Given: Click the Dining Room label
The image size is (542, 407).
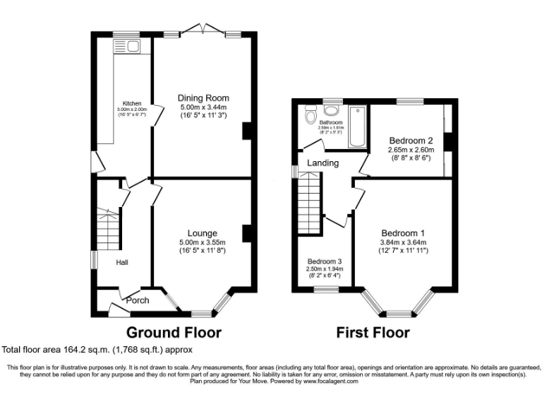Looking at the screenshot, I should pos(203,98).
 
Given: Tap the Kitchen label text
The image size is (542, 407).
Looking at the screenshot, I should pos(132,102).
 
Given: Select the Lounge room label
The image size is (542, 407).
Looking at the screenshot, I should pos(202,232).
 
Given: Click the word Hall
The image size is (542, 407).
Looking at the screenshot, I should pos(122,262).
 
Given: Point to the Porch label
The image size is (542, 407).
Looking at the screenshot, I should pos(138,300).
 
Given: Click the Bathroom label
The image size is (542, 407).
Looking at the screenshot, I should pos(330,122).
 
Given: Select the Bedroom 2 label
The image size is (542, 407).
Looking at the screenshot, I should pos(410,140).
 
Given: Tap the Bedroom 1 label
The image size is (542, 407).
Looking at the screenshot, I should pos(403,233).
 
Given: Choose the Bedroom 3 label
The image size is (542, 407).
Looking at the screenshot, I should pos(325,261).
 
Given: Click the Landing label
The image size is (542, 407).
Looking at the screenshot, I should pos(323,163).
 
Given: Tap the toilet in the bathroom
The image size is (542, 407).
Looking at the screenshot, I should pos(309,115).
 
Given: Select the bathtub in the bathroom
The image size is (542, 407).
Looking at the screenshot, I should pos(357,126).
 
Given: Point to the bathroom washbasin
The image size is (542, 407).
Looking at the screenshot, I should pos(330,109).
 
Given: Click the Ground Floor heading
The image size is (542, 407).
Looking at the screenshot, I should pos(174,332).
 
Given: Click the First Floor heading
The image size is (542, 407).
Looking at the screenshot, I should pos(373,332).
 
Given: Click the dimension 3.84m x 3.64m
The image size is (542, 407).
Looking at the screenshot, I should pos(403,242).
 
